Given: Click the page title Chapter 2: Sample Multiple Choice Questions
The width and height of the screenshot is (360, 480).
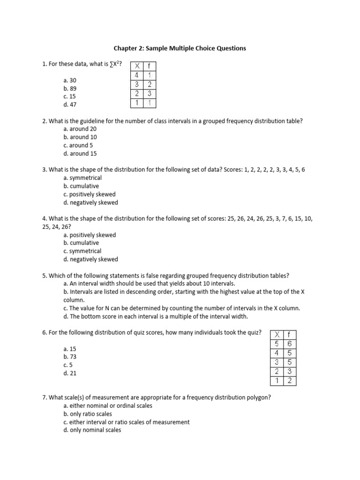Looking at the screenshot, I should [180, 48].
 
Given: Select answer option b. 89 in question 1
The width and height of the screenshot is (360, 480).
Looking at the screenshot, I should [69, 88].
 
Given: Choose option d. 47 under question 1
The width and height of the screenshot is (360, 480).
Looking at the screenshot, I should [69, 105].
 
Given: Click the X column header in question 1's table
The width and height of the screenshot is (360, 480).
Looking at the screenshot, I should [137, 66].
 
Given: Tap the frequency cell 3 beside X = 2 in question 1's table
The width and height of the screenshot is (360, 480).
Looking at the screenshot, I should [150, 94].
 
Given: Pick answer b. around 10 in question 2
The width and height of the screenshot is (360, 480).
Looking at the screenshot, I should [80, 137].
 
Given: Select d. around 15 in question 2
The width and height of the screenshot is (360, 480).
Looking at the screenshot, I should [80, 153].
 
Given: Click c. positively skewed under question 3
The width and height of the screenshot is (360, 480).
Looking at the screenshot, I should [89, 194].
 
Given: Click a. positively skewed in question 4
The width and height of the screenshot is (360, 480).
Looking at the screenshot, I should [90, 235].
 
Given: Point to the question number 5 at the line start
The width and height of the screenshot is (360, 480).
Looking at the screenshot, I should [44, 276].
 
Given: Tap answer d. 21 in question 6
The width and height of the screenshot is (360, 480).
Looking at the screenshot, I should [69, 373].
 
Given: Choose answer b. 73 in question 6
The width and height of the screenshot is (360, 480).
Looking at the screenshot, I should [69, 357].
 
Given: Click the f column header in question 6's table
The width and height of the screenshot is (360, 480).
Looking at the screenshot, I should [290, 334].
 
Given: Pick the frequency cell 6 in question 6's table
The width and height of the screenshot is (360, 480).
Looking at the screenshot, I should [290, 344].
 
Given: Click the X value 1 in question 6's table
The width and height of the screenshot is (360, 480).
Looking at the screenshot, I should [277, 381].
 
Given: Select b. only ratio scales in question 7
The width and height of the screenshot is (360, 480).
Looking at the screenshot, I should [88, 414].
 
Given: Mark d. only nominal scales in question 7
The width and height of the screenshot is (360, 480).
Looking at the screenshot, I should [92, 430].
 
